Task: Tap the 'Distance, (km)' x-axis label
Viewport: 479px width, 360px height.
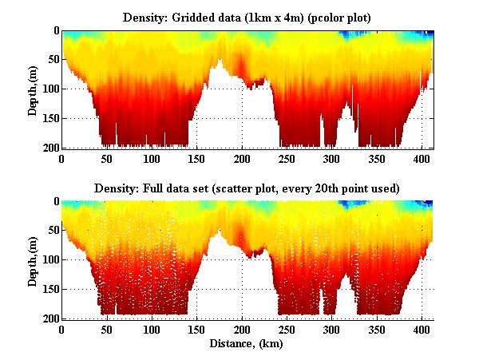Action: (247, 344)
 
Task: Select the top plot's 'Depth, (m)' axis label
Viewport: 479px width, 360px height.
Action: (33, 89)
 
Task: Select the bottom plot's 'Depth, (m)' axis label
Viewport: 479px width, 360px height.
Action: (33, 260)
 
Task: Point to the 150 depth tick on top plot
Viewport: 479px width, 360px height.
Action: (49, 118)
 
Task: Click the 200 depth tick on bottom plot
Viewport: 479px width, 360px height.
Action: (49, 318)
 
